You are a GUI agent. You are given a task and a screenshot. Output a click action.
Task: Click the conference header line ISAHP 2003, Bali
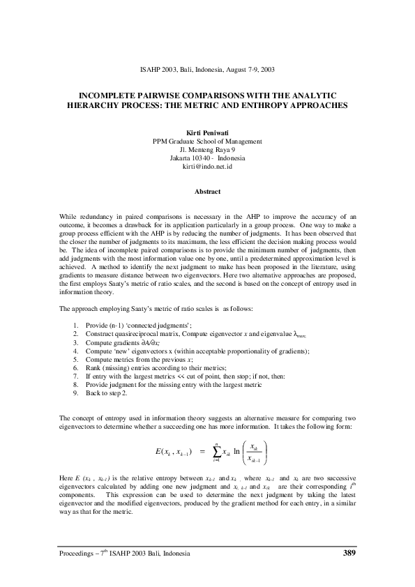pyautogui.click(x=207, y=70)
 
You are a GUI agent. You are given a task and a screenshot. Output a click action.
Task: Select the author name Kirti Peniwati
pyautogui.click(x=207, y=132)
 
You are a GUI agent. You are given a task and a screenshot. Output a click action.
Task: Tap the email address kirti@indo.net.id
pyautogui.click(x=207, y=168)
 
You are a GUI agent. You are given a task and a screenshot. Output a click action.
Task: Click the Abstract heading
pyautogui.click(x=207, y=191)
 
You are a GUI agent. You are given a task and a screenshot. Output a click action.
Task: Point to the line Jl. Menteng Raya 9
pyautogui.click(x=207, y=150)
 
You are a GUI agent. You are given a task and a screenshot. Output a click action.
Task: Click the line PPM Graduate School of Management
pyautogui.click(x=207, y=141)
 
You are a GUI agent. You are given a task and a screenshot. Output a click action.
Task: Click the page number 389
pyautogui.click(x=351, y=553)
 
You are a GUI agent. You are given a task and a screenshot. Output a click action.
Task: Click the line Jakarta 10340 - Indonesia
pyautogui.click(x=207, y=159)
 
